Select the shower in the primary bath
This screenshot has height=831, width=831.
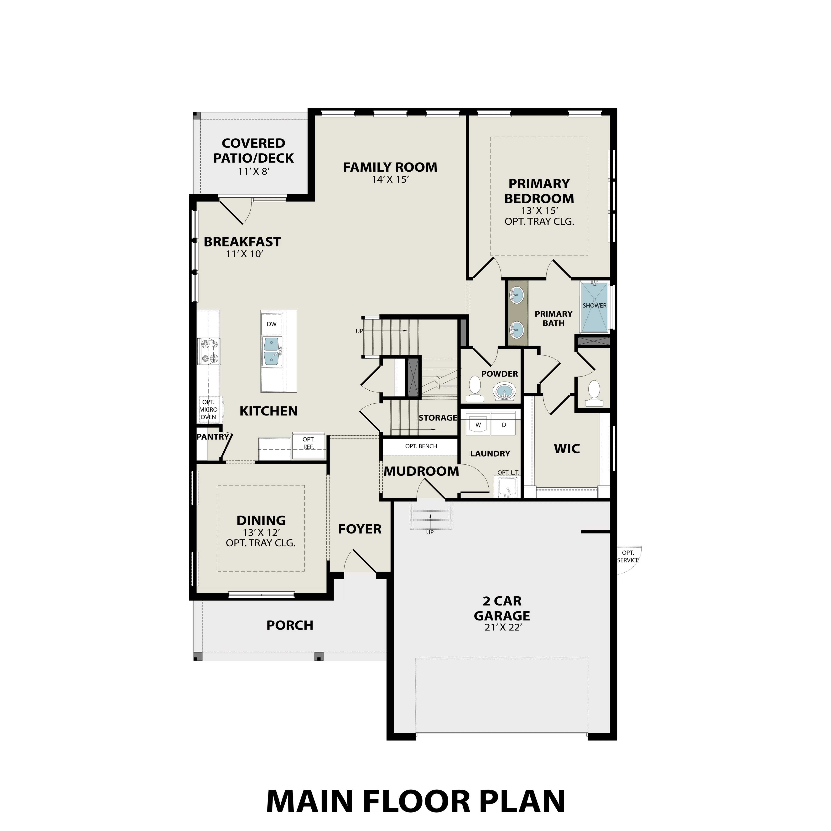(594, 306)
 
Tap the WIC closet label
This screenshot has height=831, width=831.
(567, 449)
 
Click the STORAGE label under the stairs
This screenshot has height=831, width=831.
(437, 418)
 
